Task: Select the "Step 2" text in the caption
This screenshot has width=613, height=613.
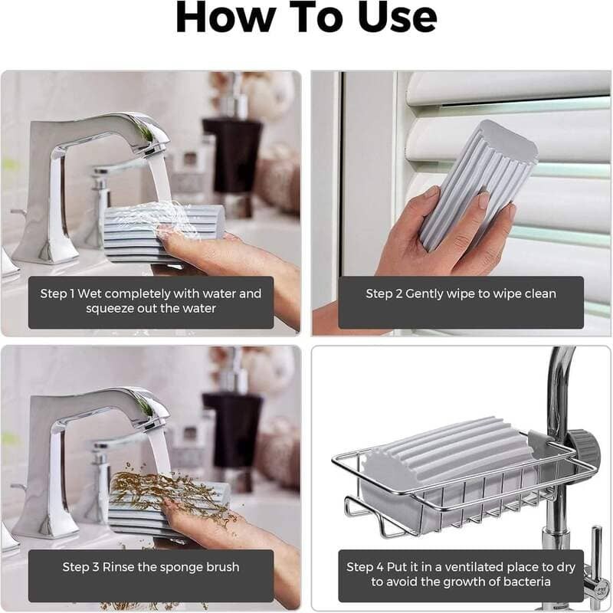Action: point(383,293)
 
